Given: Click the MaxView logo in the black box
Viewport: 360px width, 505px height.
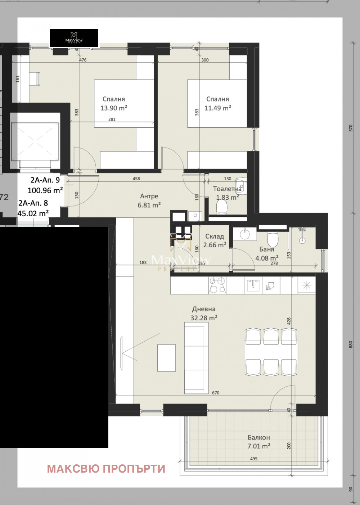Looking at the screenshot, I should click(74, 38).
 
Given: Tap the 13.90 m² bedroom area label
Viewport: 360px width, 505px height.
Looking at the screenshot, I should click(114, 108).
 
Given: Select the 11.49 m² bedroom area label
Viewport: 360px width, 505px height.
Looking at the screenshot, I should click(217, 108).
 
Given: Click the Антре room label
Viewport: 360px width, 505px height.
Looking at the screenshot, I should click(149, 196).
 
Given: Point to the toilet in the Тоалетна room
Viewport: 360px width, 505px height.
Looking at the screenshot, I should click(222, 207).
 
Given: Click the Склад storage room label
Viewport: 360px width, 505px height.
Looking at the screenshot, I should click(215, 236).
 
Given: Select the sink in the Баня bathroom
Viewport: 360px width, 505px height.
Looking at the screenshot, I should click(245, 234).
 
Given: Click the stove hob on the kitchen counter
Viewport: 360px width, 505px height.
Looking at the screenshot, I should click(217, 285).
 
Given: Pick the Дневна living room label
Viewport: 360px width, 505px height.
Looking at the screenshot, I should click(204, 309).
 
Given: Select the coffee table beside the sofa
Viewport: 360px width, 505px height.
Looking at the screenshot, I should click(167, 358).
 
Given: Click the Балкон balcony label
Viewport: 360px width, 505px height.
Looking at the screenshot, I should click(258, 438).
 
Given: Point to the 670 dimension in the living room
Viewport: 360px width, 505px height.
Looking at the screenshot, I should click(216, 393).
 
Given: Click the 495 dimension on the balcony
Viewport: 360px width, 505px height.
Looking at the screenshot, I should click(254, 459).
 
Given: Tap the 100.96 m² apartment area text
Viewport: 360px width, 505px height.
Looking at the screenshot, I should click(45, 190).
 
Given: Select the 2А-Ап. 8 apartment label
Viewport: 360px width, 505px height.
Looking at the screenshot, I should click(33, 203).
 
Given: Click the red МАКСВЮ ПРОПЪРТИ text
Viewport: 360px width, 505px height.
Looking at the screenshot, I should click(106, 469).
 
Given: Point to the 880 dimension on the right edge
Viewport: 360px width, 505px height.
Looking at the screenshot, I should click(351, 344).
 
